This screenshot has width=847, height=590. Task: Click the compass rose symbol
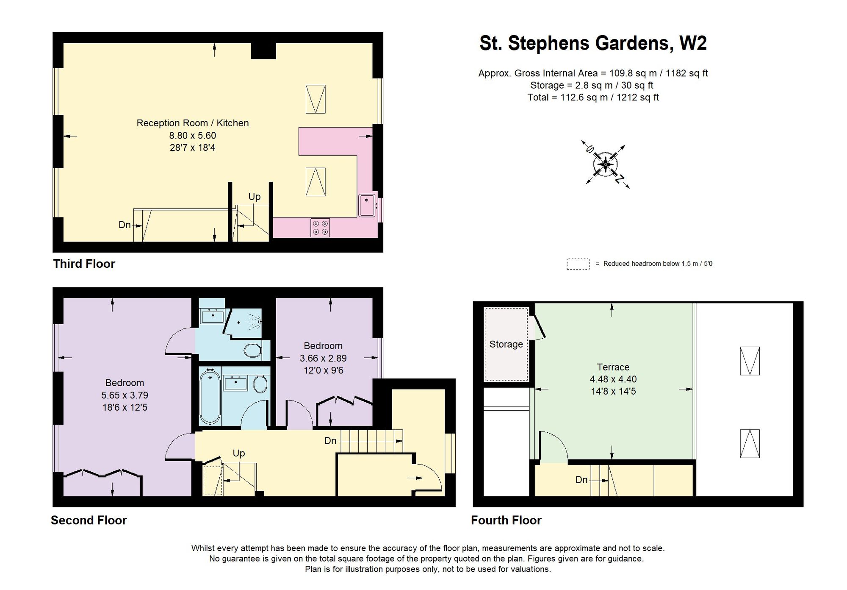click(606, 164)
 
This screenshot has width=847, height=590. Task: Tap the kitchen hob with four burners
click(320, 228)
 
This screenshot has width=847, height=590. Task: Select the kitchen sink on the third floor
click(367, 206)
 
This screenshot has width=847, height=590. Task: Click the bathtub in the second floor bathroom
click(210, 398)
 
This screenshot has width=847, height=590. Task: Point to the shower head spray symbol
click(255, 322)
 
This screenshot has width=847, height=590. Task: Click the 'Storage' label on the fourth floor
click(506, 344)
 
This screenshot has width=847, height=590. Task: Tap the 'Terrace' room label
click(613, 367)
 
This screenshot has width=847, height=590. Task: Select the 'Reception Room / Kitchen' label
click(193, 123)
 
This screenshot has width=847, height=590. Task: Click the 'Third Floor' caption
click(84, 264)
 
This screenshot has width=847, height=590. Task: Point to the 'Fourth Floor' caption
click(506, 520)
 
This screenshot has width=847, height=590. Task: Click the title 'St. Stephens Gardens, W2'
click(593, 43)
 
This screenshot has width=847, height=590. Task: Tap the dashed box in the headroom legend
click(578, 264)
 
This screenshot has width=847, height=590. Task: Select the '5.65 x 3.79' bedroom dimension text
click(125, 395)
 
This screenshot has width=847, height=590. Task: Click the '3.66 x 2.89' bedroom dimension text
click(323, 358)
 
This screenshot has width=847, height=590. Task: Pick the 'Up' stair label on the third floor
click(254, 197)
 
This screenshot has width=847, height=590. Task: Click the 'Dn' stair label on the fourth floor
click(581, 480)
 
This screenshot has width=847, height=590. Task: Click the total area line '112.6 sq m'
click(593, 97)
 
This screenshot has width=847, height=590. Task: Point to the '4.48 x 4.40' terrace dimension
click(613, 379)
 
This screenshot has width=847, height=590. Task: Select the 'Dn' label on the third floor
click(125, 225)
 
